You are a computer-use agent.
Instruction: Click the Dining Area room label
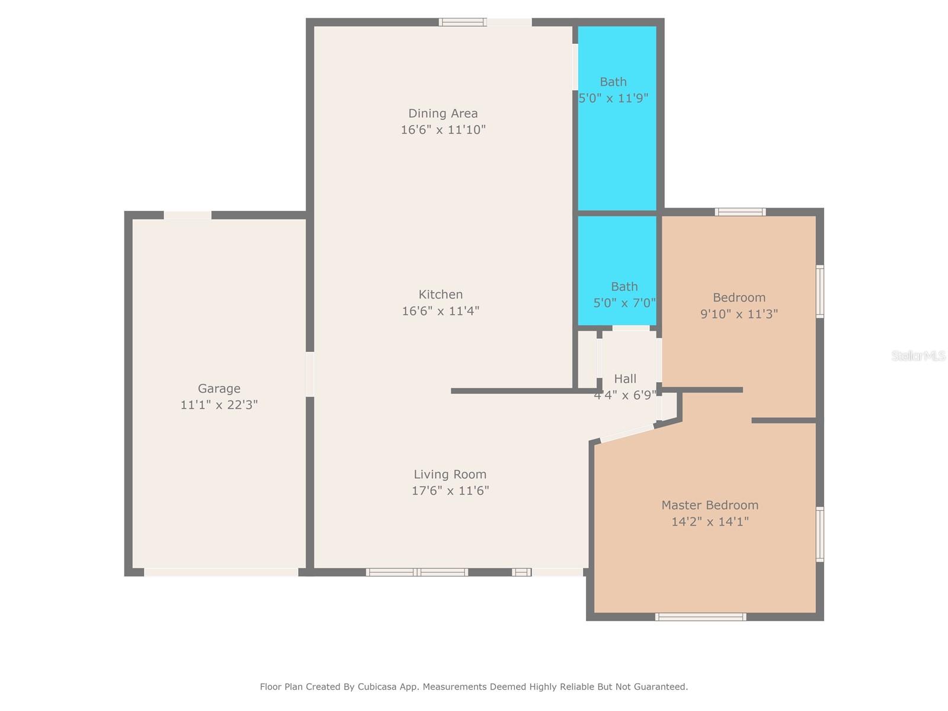pos(443,114)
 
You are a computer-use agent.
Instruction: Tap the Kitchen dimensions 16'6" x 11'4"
pos(441,311)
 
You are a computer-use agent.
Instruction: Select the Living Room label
pos(450,475)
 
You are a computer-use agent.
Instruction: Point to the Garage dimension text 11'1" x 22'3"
pos(219,405)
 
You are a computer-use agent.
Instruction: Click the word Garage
pos(219,389)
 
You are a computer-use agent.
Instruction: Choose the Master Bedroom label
pos(710,505)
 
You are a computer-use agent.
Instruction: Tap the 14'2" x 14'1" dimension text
pos(710,521)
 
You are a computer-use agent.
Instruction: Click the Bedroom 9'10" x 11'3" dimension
pos(739,314)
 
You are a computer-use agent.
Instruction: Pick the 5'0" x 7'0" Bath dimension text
pos(624,303)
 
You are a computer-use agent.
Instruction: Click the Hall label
pos(625,379)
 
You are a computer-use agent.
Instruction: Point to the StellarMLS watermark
pos(918,355)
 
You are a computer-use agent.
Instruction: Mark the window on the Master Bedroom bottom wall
pos(700,617)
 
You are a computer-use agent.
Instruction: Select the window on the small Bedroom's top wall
pos(740,212)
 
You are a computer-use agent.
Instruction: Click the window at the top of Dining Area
pos(463,22)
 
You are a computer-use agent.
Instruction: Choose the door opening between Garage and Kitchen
pos(310,374)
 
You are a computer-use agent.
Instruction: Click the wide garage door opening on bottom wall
pos(221,572)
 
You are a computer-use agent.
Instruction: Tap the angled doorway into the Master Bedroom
pos(627,433)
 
